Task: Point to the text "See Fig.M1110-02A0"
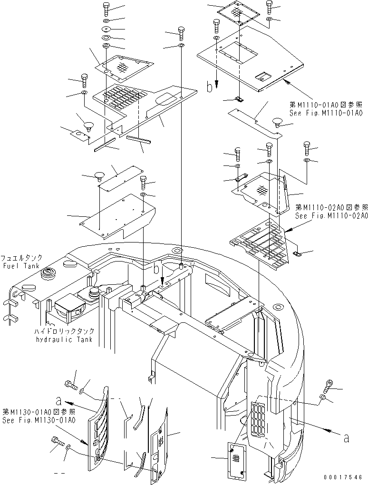click(x=329, y=215)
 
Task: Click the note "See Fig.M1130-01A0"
click(x=38, y=420)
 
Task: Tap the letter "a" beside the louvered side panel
click(x=58, y=399)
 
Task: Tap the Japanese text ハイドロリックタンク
click(x=64, y=331)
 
